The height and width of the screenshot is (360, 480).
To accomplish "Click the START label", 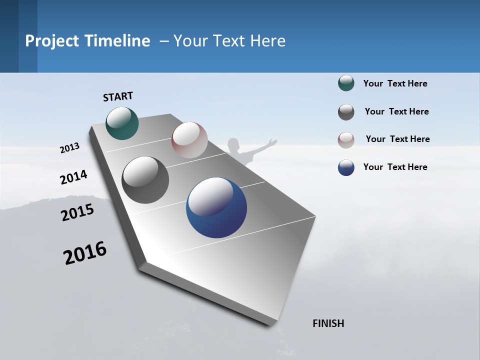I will pos(118,96).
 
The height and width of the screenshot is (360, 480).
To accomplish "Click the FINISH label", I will pos(328,323).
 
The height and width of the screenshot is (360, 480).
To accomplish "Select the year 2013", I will pos(69,148).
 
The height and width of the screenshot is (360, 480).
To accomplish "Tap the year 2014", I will pos(73,177).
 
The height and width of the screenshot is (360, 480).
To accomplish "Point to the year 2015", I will pos(77,212).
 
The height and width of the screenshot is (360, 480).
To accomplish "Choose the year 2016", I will pos(85,252).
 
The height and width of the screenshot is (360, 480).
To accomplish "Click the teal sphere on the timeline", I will pos(122,123).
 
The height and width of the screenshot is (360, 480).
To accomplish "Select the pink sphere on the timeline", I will pos(189,139).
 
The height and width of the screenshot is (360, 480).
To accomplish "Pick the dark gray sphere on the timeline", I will pos(145,180).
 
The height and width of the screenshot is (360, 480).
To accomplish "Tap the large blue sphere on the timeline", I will pos(216,207).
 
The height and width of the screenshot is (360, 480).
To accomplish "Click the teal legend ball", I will pos(346,83).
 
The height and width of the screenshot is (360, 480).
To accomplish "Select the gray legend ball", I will pos(346,112).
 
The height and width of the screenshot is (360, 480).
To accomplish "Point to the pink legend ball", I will pos(346,140).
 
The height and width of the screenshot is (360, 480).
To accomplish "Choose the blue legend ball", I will pos(346,167).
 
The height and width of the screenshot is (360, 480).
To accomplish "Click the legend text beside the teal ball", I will pos(395,83).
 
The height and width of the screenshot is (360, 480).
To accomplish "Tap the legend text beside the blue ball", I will pos(395,167).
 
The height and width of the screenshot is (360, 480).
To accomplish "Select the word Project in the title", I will pos(52,41).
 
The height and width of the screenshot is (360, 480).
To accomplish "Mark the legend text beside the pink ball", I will pos(397,139).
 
